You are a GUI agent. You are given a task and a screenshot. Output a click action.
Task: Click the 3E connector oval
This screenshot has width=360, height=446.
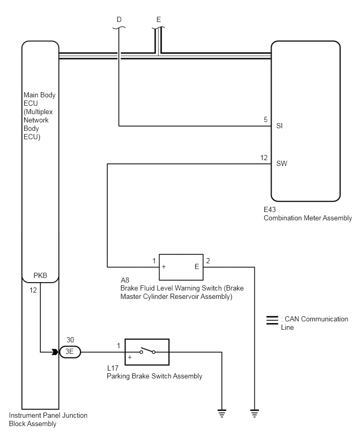(70, 352)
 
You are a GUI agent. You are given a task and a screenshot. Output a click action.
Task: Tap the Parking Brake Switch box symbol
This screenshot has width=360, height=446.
(147, 352)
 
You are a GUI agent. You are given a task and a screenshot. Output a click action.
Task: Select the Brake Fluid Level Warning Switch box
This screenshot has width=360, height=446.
(181, 267)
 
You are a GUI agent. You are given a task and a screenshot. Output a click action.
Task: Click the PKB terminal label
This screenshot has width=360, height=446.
(40, 275)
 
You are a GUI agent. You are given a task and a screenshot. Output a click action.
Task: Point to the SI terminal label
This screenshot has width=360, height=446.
(279, 126)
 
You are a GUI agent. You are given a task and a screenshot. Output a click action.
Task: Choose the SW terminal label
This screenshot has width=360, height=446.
(282, 163)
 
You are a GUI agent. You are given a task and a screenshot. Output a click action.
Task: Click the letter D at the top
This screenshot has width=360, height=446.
(119, 19)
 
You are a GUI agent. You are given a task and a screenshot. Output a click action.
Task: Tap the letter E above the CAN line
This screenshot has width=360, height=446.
(159, 19)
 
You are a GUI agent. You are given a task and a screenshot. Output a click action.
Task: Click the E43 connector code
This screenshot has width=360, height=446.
(269, 209)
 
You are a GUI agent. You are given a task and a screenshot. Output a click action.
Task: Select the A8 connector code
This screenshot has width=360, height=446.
(125, 280)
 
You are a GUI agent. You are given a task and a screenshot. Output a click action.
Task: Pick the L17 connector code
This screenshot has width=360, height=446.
(113, 368)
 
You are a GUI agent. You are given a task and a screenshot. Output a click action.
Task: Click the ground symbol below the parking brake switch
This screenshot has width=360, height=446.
(222, 413)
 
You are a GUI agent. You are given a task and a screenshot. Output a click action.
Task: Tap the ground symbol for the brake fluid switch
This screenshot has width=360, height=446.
(254, 413)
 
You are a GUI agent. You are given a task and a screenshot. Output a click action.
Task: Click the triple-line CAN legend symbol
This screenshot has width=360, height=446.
(272, 320)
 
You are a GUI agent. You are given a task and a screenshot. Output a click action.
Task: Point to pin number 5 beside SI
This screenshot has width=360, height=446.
(266, 119)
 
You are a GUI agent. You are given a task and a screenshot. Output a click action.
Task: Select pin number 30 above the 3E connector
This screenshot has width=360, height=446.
(70, 340)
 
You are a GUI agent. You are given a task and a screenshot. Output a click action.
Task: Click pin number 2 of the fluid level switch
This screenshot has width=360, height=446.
(208, 261)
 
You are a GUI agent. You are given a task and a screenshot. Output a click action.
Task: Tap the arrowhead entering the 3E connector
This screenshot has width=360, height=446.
(55, 352)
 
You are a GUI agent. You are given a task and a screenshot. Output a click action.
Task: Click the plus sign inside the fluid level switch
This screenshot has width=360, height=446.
(164, 267)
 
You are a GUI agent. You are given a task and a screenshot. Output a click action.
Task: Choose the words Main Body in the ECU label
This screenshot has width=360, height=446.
(40, 95)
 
